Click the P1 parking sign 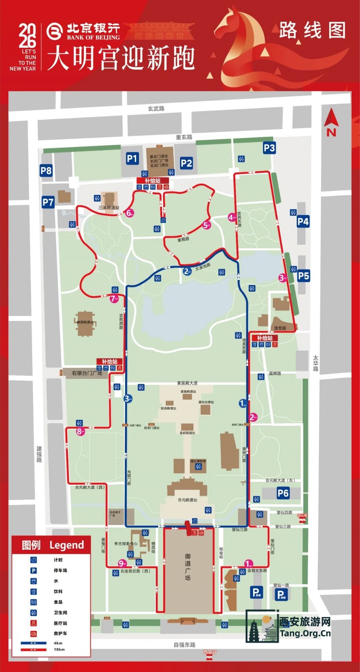(x=132, y=159)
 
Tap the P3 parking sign (x=269, y=148)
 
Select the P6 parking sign (x=283, y=493)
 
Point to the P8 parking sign (x=46, y=171)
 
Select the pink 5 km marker (x=206, y=225)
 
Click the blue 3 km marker (x=128, y=399)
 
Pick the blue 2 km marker (x=187, y=271)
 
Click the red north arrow (x=331, y=118)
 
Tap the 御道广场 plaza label (x=188, y=567)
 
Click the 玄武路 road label (x=156, y=109)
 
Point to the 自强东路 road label (x=184, y=645)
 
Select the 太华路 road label (x=315, y=363)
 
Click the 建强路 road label (x=39, y=454)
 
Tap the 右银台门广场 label (x=87, y=373)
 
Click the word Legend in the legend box (x=67, y=545)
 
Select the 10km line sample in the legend (x=33, y=650)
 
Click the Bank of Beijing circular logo (x=54, y=32)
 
